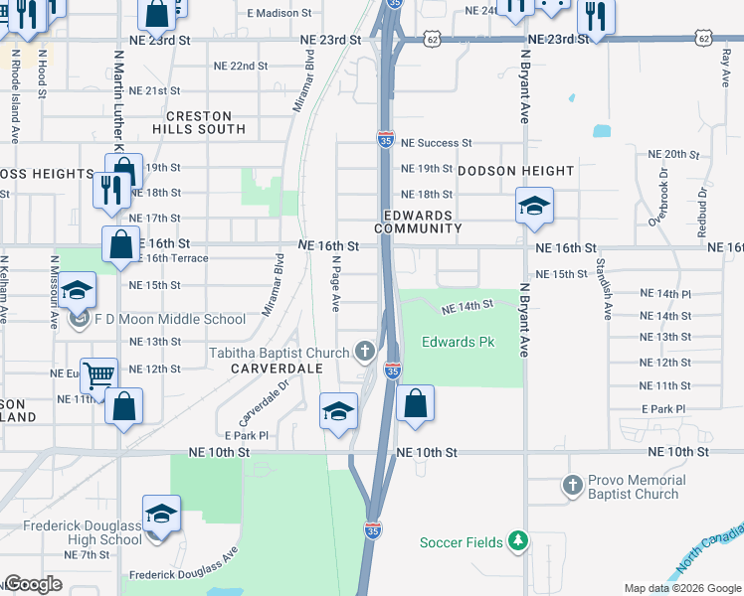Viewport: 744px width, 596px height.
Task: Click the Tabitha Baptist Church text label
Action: [279, 353]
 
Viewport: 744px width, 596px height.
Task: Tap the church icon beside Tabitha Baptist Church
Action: [365, 352]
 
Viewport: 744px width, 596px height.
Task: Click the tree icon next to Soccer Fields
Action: [516, 541]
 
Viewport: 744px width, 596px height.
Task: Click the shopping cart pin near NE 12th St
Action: [98, 376]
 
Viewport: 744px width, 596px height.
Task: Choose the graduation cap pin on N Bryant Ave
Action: [534, 207]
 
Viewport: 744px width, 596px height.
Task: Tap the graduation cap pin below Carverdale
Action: [338, 410]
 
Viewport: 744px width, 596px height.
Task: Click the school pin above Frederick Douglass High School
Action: [161, 514]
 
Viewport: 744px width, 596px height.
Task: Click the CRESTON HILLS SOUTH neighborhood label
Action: [199, 122]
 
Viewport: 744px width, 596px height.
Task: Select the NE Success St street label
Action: [436, 143]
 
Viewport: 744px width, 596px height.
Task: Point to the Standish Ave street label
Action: [602, 288]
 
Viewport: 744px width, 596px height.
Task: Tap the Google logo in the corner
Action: [33, 584]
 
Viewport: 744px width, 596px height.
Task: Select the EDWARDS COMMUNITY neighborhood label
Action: [424, 222]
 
